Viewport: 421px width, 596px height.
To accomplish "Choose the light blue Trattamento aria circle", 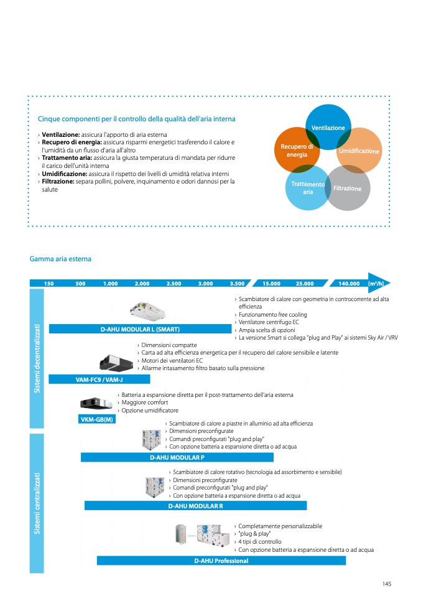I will pos(306,187).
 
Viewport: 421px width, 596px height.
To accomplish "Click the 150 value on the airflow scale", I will pos(49,284).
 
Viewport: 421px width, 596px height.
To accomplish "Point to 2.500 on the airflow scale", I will pos(173,284).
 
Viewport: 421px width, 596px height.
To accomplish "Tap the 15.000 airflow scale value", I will pos(271,284).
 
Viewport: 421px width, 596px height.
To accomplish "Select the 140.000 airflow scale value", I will pos(349,284).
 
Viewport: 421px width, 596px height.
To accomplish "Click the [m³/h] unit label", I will pos(376,284).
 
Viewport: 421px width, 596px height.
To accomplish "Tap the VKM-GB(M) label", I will pos(97,419).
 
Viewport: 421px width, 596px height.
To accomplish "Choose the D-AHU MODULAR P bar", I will pos(177,457).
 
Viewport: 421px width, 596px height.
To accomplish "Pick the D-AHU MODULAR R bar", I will pos(196,506).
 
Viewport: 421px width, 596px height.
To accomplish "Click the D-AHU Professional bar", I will pos(221,561).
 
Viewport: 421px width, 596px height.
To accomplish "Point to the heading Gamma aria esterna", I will pos(60,259).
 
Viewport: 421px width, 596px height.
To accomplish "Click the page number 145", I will pos(386,584).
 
